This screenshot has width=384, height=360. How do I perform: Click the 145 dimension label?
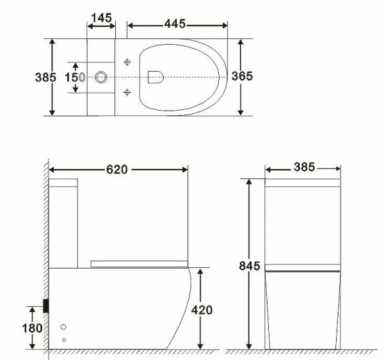[x=102, y=17]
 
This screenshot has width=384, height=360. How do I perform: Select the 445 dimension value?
[x=173, y=24]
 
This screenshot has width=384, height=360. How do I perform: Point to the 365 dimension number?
[x=241, y=76]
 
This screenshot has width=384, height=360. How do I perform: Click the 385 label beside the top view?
[x=44, y=77]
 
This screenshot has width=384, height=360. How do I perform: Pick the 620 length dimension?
[x=117, y=169]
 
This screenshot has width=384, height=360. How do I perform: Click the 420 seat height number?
[x=202, y=309]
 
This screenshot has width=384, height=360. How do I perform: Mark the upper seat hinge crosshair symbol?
[x=127, y=62]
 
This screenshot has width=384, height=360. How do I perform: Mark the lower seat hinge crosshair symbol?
[x=127, y=93]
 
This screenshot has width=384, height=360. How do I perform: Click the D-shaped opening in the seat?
[x=155, y=77]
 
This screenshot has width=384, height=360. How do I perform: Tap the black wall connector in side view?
[x=46, y=306]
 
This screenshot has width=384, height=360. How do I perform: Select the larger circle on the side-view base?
[x=63, y=327]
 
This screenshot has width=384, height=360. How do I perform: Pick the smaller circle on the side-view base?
[x=63, y=340]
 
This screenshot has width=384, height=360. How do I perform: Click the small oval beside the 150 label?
[x=83, y=77]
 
